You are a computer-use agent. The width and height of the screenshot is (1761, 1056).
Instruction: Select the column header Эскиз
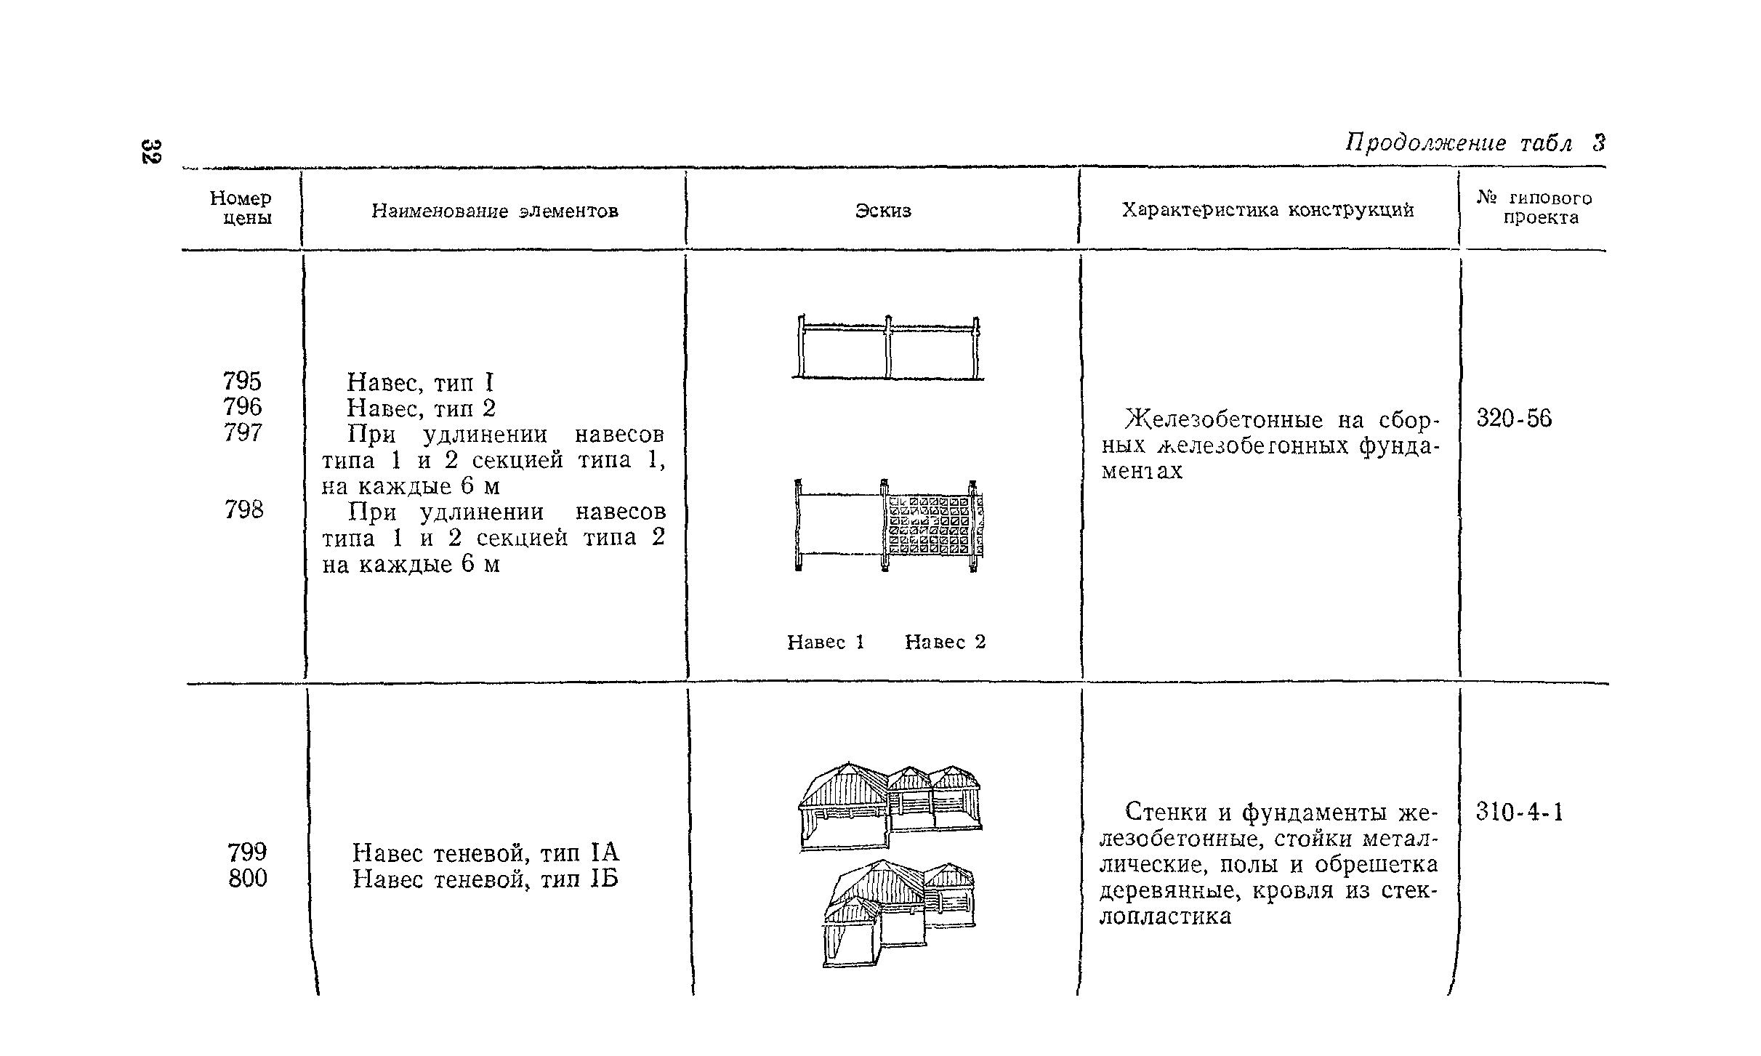(x=882, y=211)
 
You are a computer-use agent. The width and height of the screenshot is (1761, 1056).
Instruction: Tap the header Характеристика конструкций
(x=1268, y=210)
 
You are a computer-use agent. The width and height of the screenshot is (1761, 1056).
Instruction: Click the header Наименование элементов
(x=495, y=211)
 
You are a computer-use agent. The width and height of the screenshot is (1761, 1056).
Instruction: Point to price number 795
(x=242, y=381)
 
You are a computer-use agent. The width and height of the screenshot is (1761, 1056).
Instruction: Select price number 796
(x=242, y=406)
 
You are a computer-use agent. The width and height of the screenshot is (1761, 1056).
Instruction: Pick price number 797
(x=242, y=432)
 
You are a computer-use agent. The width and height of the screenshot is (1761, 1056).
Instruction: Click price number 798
(x=243, y=510)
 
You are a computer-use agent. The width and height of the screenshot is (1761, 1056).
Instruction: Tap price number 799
(x=247, y=852)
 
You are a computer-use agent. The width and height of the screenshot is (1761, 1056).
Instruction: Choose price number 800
(x=247, y=878)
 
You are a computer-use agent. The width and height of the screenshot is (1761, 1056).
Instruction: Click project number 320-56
(x=1513, y=419)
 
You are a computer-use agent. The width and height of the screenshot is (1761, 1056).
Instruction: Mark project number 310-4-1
(x=1519, y=812)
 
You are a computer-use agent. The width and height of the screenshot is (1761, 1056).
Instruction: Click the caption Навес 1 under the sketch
(x=826, y=642)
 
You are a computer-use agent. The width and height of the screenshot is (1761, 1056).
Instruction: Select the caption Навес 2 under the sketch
(x=945, y=642)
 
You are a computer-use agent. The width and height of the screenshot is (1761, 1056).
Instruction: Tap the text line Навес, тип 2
(x=421, y=408)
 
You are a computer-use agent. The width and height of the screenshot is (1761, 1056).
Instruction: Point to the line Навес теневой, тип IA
(x=485, y=852)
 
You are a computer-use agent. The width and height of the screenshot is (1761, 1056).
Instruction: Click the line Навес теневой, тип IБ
(x=485, y=879)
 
